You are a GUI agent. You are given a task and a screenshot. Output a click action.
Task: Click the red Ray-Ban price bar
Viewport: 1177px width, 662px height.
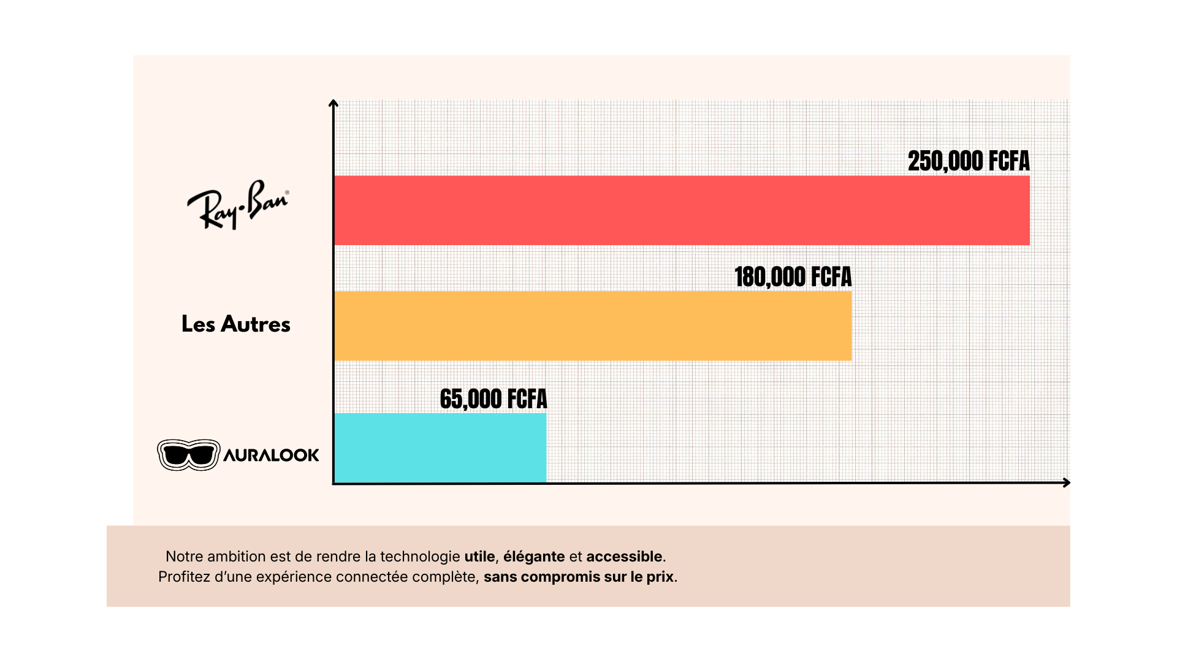tap(682, 210)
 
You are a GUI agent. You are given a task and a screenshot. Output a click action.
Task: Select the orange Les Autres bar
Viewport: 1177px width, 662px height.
tap(593, 325)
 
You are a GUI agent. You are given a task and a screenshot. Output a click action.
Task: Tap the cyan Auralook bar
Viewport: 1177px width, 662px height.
tap(440, 447)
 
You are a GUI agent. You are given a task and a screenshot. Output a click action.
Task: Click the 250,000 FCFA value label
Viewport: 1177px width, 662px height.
tap(969, 161)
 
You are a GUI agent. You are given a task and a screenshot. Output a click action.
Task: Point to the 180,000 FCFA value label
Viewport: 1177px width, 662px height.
tap(793, 277)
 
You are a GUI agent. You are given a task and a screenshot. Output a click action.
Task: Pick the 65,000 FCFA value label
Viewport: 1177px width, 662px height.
tap(493, 399)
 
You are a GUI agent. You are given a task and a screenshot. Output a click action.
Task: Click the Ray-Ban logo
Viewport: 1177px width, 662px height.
tap(237, 204)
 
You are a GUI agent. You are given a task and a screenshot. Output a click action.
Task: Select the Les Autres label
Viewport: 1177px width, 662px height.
tap(236, 324)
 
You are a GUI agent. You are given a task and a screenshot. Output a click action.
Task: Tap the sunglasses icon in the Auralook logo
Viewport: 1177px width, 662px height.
tap(189, 455)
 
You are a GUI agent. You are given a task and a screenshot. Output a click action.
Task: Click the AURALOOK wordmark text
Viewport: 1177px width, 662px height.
tap(271, 455)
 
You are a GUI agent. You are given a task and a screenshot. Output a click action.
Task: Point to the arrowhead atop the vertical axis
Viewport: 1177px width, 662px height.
tap(333, 104)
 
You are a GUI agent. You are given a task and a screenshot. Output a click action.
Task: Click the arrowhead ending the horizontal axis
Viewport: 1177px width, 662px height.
tap(1066, 483)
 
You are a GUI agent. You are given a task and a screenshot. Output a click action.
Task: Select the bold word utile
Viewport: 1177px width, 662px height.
tap(479, 557)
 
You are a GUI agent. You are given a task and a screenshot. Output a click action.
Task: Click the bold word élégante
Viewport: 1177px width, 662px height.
tap(534, 557)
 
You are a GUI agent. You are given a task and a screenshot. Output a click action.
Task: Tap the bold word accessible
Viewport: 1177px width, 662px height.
tap(624, 557)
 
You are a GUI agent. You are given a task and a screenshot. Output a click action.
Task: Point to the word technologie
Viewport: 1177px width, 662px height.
tap(420, 557)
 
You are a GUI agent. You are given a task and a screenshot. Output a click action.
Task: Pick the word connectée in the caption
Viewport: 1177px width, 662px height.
tap(372, 577)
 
